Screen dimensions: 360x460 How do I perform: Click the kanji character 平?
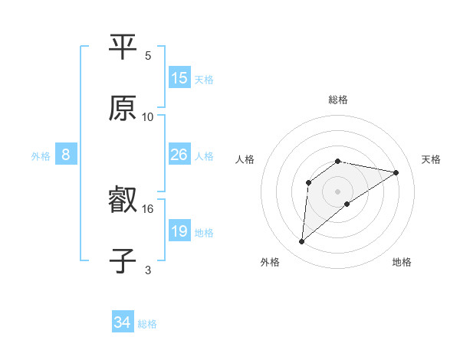pos(123,47)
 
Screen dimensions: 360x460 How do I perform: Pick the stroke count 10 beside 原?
pos(148,116)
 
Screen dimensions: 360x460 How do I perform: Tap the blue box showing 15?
pos(179,78)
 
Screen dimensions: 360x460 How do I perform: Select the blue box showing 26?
pos(179,155)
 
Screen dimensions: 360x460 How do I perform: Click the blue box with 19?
pos(179,231)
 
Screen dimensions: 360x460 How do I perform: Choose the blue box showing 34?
pos(123,323)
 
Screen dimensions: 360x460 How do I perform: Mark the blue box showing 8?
pos(66,155)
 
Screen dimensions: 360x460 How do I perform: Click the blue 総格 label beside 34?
pos(147,324)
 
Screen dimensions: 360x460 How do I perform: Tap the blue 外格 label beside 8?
pos(41,155)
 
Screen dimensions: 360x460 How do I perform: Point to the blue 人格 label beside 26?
pos(204,155)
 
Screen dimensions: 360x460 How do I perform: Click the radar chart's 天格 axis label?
pos(432,159)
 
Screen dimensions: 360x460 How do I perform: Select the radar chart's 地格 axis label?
pos(402,262)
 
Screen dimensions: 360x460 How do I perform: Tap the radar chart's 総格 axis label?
pos(338,100)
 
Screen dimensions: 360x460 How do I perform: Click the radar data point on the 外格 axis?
pos(301,242)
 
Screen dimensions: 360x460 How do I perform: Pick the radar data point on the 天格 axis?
pos(396,172)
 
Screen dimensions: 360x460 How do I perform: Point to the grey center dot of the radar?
pos(338,191)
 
